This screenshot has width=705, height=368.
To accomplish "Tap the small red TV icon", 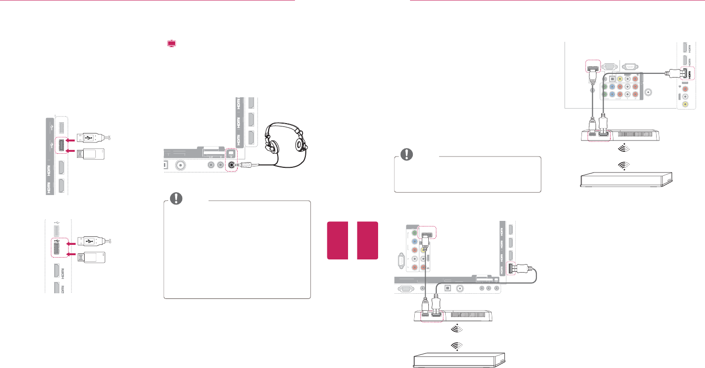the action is tap(172, 44).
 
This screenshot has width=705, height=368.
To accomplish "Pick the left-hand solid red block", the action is tap(337, 240).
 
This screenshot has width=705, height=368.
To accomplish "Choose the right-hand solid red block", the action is tap(367, 240).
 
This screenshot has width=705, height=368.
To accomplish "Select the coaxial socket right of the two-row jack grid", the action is tap(649, 92).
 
